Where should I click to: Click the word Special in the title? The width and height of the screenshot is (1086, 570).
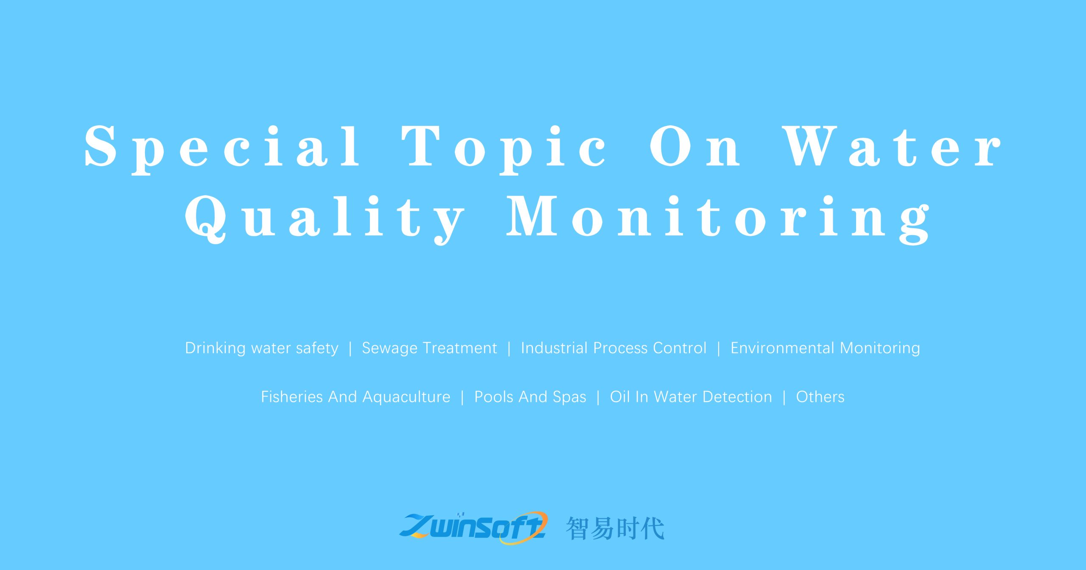click(x=222, y=146)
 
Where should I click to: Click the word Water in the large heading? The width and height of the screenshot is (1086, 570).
click(x=891, y=146)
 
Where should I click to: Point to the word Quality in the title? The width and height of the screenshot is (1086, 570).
click(x=325, y=217)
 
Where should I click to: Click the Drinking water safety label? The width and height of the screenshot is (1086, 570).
click(x=262, y=348)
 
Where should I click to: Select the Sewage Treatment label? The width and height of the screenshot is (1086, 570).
click(x=429, y=348)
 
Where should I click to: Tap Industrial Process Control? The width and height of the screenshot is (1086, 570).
click(x=613, y=348)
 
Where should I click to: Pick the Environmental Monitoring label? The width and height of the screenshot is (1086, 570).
click(x=825, y=348)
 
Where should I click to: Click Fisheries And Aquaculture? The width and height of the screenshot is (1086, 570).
click(x=355, y=397)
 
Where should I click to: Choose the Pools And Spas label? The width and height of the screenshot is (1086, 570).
click(x=530, y=397)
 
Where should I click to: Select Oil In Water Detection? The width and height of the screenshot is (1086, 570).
click(x=691, y=397)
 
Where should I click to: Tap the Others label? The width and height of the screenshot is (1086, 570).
click(x=820, y=397)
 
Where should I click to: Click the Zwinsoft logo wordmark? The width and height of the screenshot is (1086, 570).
click(x=473, y=528)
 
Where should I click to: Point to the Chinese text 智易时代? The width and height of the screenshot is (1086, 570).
click(x=615, y=528)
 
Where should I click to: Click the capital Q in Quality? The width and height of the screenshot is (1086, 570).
click(x=205, y=217)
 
